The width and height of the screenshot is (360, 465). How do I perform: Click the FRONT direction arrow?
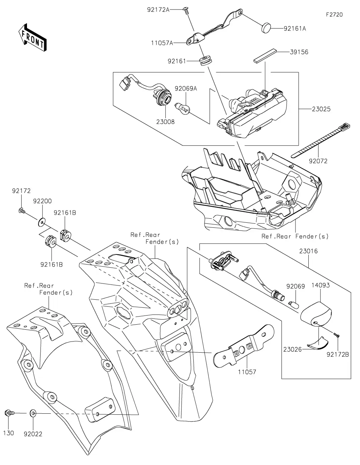pyautogui.click(x=32, y=37)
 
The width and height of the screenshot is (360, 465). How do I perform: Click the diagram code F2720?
pyautogui.click(x=334, y=15)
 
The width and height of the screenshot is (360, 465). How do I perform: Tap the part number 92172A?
pyautogui.click(x=158, y=10)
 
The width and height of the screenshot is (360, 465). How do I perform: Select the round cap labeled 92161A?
pyautogui.click(x=267, y=28)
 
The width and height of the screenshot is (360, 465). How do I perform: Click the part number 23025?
pyautogui.click(x=321, y=109)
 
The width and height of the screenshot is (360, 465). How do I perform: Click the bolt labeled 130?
pyautogui.click(x=9, y=413)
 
